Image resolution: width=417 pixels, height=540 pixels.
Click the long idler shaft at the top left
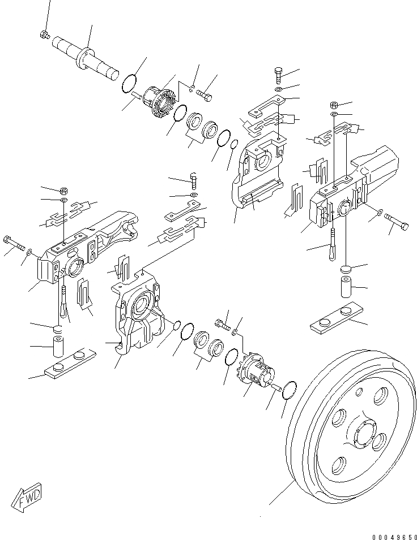point(85,56)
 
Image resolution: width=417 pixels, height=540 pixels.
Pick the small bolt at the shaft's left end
point(44,36)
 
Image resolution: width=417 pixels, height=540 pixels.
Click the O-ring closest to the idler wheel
point(288,390)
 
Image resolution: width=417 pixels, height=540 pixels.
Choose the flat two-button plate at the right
point(338,318)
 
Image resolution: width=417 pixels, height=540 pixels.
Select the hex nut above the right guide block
point(334,105)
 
